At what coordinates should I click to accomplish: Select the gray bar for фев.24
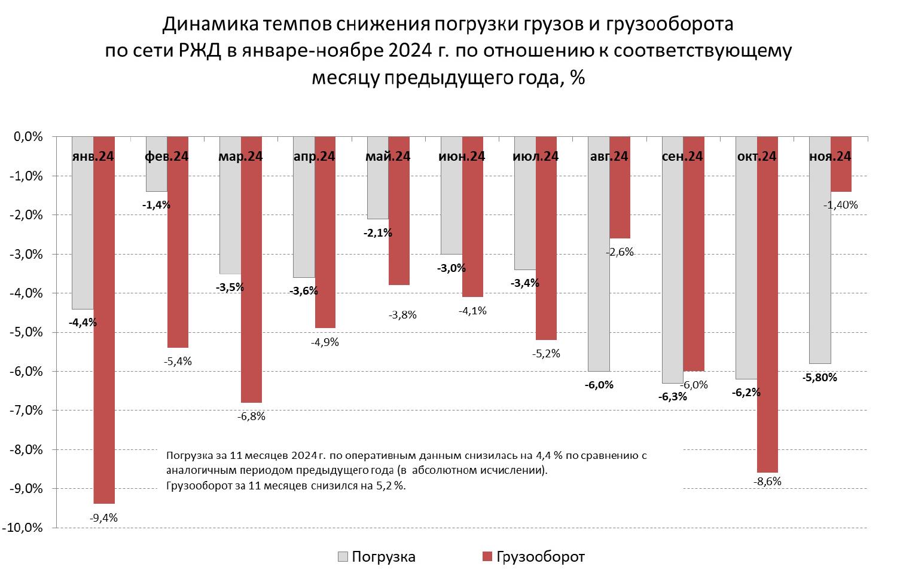(156, 173)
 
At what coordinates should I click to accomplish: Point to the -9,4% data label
(103, 518)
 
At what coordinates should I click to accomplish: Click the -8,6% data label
(767, 482)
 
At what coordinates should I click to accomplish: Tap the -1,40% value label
(840, 205)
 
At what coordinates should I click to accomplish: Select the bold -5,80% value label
(819, 377)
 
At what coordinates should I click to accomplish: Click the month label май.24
(388, 157)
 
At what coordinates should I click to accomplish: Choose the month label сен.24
(682, 157)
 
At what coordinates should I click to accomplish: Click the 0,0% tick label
(29, 137)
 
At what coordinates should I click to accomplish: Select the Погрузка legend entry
(383, 557)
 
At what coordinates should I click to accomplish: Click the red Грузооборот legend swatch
(486, 557)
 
